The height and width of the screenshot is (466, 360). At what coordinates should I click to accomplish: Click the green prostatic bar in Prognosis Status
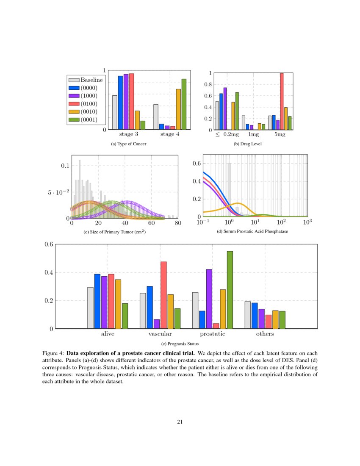pos(230,290)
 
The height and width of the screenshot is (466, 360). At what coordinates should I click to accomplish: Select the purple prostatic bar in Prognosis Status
pos(209,299)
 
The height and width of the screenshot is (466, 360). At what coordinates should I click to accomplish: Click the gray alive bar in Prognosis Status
pos(90,308)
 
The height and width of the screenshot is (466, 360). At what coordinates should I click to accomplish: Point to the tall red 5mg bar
pos(282,101)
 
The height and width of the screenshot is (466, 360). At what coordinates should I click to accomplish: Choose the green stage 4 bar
pos(184,104)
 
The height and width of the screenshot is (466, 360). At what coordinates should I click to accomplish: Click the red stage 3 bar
pos(131,101)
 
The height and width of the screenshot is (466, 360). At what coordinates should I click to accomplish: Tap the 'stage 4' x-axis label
pos(169,135)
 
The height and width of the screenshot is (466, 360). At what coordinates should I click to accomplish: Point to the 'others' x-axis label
pos(265,334)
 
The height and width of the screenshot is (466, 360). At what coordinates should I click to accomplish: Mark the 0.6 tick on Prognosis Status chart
pos(48,244)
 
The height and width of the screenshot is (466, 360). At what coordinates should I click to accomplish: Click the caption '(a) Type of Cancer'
pos(129,144)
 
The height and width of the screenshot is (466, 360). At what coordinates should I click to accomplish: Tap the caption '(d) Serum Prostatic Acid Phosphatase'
pos(252,232)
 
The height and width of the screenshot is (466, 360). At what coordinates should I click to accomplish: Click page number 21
pos(180,422)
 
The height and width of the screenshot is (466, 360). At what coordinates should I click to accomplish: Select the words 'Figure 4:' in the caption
pos(53,353)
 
